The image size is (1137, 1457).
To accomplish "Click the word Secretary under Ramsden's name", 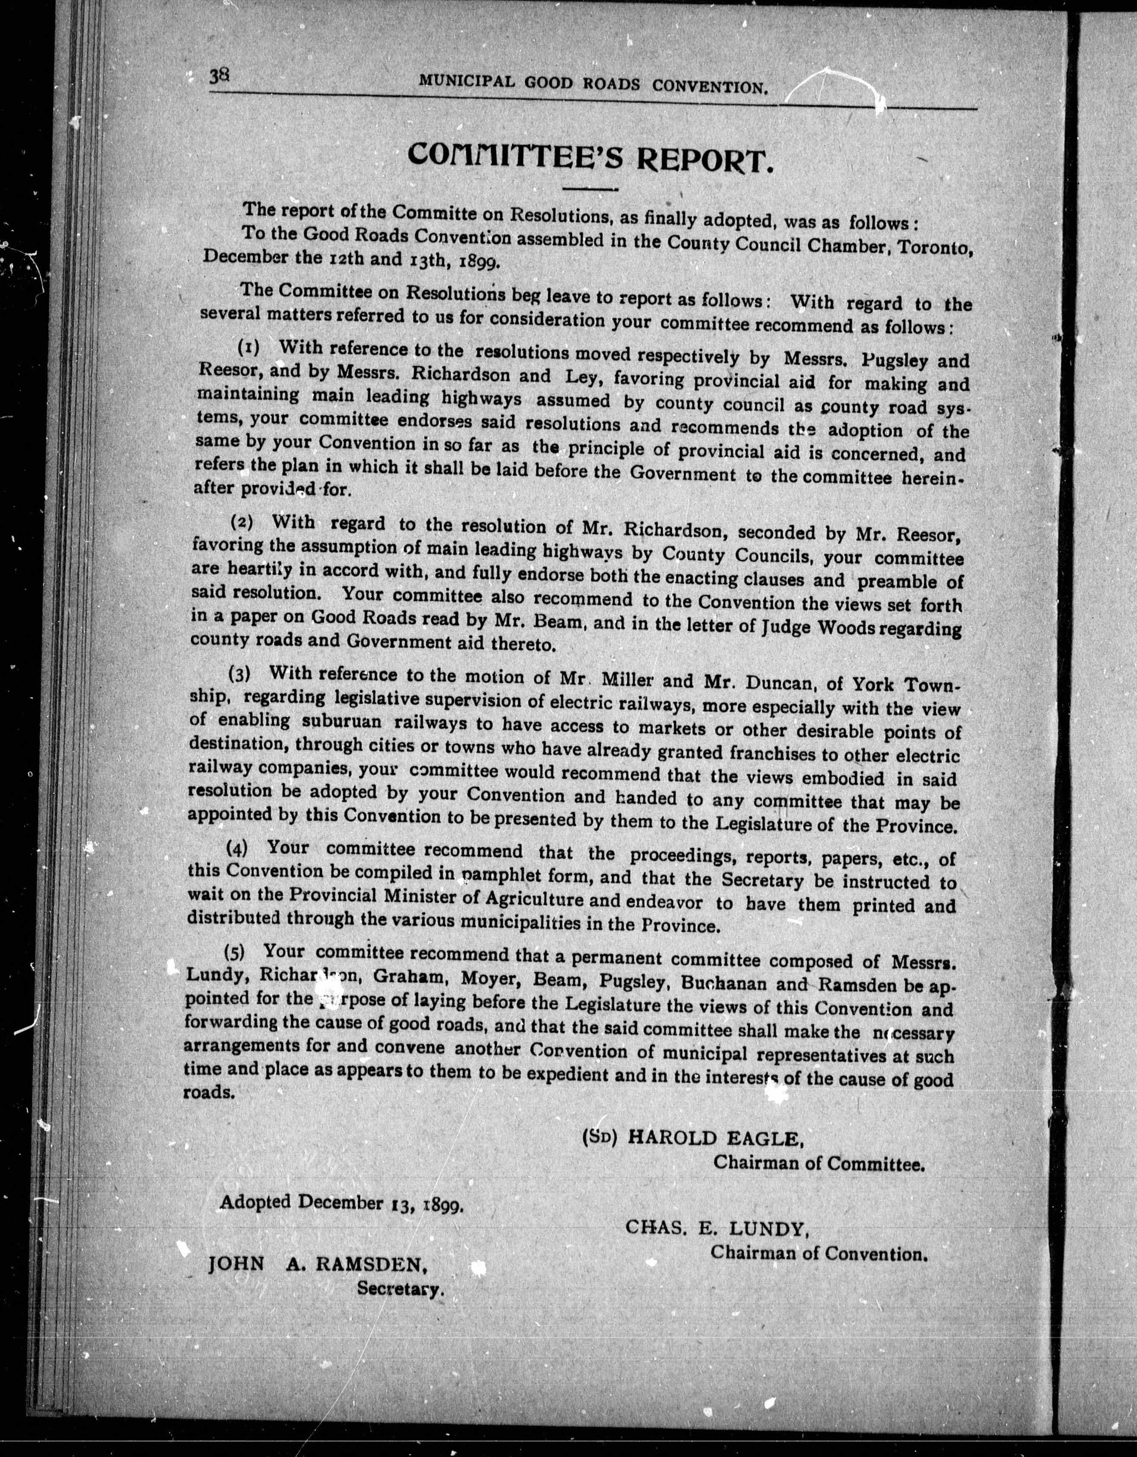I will click(x=400, y=1289).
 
